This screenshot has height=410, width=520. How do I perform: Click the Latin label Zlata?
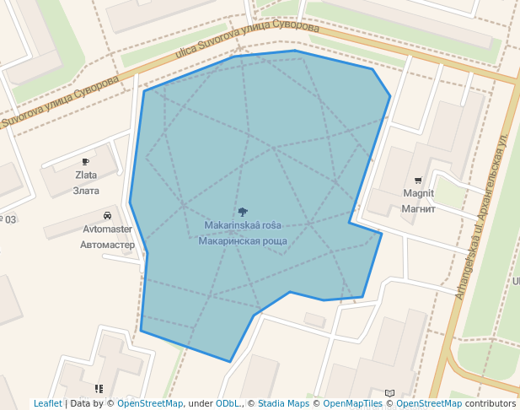click(86, 175)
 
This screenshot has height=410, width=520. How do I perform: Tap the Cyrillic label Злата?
click(86, 191)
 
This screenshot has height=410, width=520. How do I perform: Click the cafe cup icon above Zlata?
click(86, 161)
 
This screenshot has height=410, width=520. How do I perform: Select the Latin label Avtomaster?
click(107, 229)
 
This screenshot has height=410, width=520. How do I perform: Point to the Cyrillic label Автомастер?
click(107, 245)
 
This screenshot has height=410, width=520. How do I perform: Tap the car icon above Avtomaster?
click(107, 215)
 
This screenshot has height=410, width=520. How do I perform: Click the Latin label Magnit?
click(418, 193)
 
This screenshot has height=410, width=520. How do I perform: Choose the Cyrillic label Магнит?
click(418, 208)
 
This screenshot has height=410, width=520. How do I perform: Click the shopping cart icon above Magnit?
click(418, 180)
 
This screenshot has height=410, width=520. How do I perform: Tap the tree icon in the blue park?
click(243, 212)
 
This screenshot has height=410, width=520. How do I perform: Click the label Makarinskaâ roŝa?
click(243, 225)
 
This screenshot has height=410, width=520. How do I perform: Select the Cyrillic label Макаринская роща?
click(243, 241)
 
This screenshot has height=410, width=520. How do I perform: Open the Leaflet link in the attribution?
click(47, 403)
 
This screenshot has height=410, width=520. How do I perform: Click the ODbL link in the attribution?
click(228, 403)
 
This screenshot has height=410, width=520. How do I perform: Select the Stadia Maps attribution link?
click(283, 403)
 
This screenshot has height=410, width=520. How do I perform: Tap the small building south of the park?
click(314, 320)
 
